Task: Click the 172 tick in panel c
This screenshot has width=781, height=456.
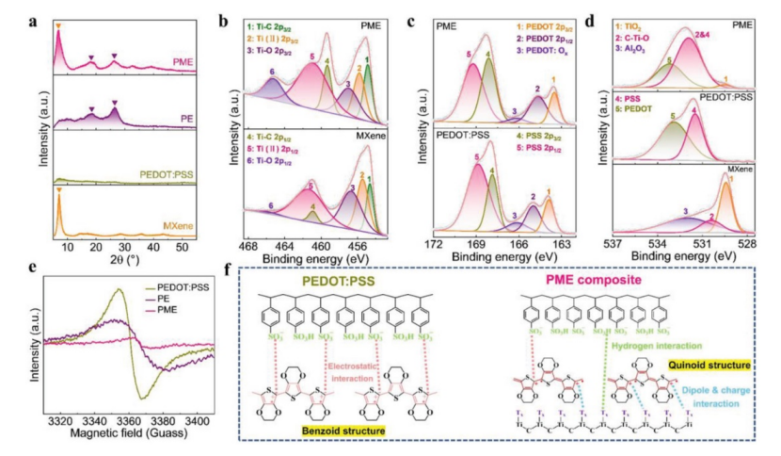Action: (x=435, y=243)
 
